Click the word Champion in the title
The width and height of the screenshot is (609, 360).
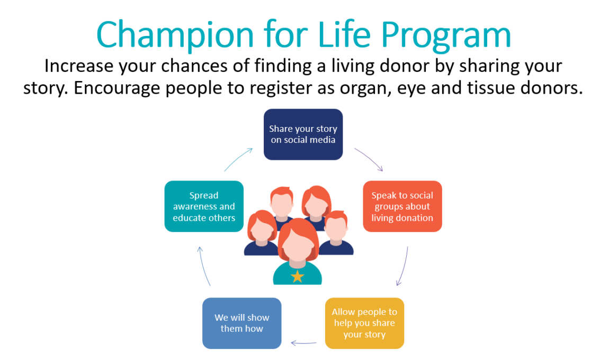175,35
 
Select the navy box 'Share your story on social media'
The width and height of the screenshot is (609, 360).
303,134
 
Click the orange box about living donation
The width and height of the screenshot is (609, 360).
402,206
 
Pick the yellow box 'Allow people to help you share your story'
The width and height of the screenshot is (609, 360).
364,323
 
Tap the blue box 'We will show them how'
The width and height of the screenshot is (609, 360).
241,323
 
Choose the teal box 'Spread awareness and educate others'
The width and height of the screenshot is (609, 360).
204,206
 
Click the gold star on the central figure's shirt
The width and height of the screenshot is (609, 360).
298,276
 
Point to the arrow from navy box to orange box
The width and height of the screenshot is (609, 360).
370,158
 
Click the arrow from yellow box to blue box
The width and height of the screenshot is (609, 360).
303,343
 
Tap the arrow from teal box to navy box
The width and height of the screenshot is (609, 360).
238,159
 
